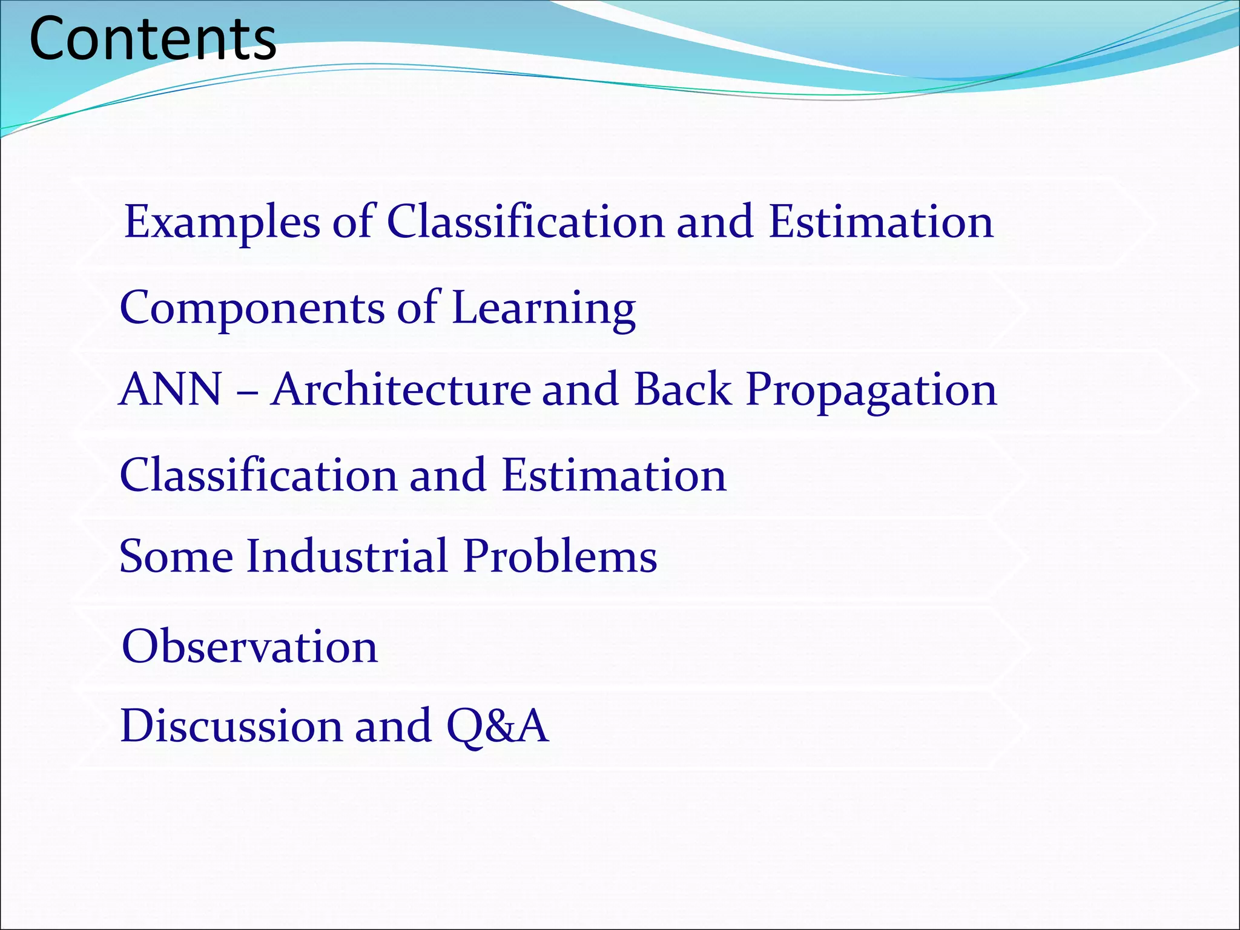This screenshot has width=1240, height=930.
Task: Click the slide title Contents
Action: [x=153, y=39]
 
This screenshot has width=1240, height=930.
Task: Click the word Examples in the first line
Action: [x=222, y=222]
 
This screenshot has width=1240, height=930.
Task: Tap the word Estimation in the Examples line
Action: [x=881, y=222]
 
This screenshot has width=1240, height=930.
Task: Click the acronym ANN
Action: [x=171, y=389]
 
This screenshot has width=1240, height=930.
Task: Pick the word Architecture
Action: [x=400, y=389]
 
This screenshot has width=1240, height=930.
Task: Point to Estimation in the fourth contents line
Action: [x=613, y=475]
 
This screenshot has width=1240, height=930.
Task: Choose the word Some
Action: [x=176, y=556]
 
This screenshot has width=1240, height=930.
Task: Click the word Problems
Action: [x=560, y=556]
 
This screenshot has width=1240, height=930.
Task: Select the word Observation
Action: [x=249, y=647]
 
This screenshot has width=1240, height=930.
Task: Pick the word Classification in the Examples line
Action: [x=526, y=222]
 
